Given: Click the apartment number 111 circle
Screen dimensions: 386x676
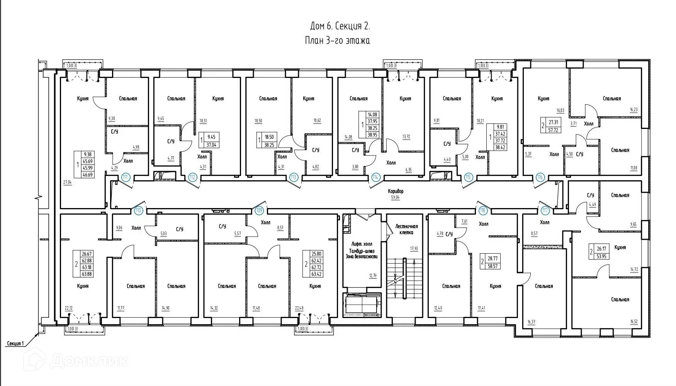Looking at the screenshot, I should pos(125,177).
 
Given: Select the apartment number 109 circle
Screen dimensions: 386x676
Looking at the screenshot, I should pos(260,210).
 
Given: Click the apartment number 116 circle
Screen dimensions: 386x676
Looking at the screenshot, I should pos(540,177).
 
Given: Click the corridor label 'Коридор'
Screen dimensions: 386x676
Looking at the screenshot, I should pos(396,191).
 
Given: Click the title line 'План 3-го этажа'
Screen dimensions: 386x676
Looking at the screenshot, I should pos(337,41).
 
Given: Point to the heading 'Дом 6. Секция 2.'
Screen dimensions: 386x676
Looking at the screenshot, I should pos(340,26).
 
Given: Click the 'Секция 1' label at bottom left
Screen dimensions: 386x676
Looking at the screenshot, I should pos(16,343).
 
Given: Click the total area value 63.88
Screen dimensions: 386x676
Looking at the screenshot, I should pos(87,274).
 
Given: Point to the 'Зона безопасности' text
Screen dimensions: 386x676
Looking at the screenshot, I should pos(362,256).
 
